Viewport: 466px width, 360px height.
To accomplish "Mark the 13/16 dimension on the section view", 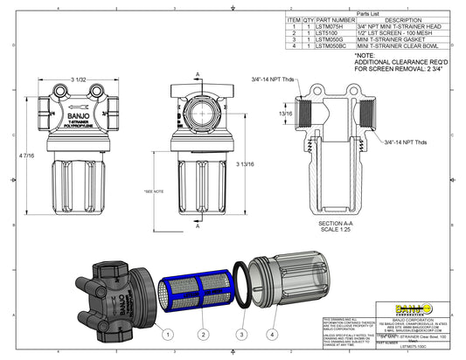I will (x=285, y=114).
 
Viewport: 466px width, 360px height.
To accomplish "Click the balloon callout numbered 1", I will (x=165, y=333).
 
